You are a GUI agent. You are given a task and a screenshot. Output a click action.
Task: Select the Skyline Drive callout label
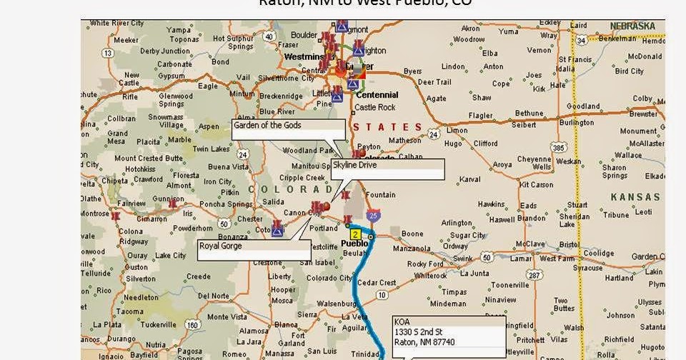(388, 169)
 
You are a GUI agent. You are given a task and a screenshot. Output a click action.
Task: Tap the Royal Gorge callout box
(254, 249)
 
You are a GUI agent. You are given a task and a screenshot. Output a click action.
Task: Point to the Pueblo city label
(354, 243)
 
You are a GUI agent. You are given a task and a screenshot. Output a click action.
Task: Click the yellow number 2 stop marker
(354, 234)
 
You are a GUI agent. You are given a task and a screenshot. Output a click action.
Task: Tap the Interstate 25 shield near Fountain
(374, 215)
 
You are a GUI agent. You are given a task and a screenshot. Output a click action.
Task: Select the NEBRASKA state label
(632, 26)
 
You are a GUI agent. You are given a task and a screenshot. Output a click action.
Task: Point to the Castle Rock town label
(375, 107)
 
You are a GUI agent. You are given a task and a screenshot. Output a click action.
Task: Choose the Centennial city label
(377, 95)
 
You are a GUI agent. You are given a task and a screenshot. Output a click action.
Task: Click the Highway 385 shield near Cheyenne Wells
(557, 148)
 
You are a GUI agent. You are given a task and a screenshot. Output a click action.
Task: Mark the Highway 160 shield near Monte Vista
(192, 325)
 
